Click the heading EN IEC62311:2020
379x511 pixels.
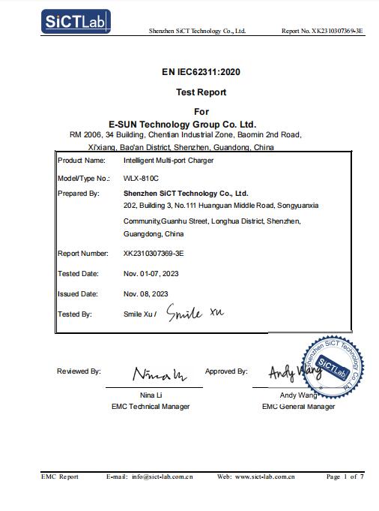pos(190,73)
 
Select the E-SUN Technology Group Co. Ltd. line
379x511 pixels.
pos(183,123)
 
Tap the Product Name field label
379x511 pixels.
pos(82,161)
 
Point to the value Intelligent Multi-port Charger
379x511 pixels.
pos(169,161)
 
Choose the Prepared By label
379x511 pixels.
pos(79,194)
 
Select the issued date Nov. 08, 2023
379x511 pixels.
pos(146,294)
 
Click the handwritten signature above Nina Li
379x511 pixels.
pos(160,374)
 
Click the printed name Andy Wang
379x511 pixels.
pos(297,395)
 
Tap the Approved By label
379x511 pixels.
pos(226,371)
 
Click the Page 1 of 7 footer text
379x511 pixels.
pos(345,476)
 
